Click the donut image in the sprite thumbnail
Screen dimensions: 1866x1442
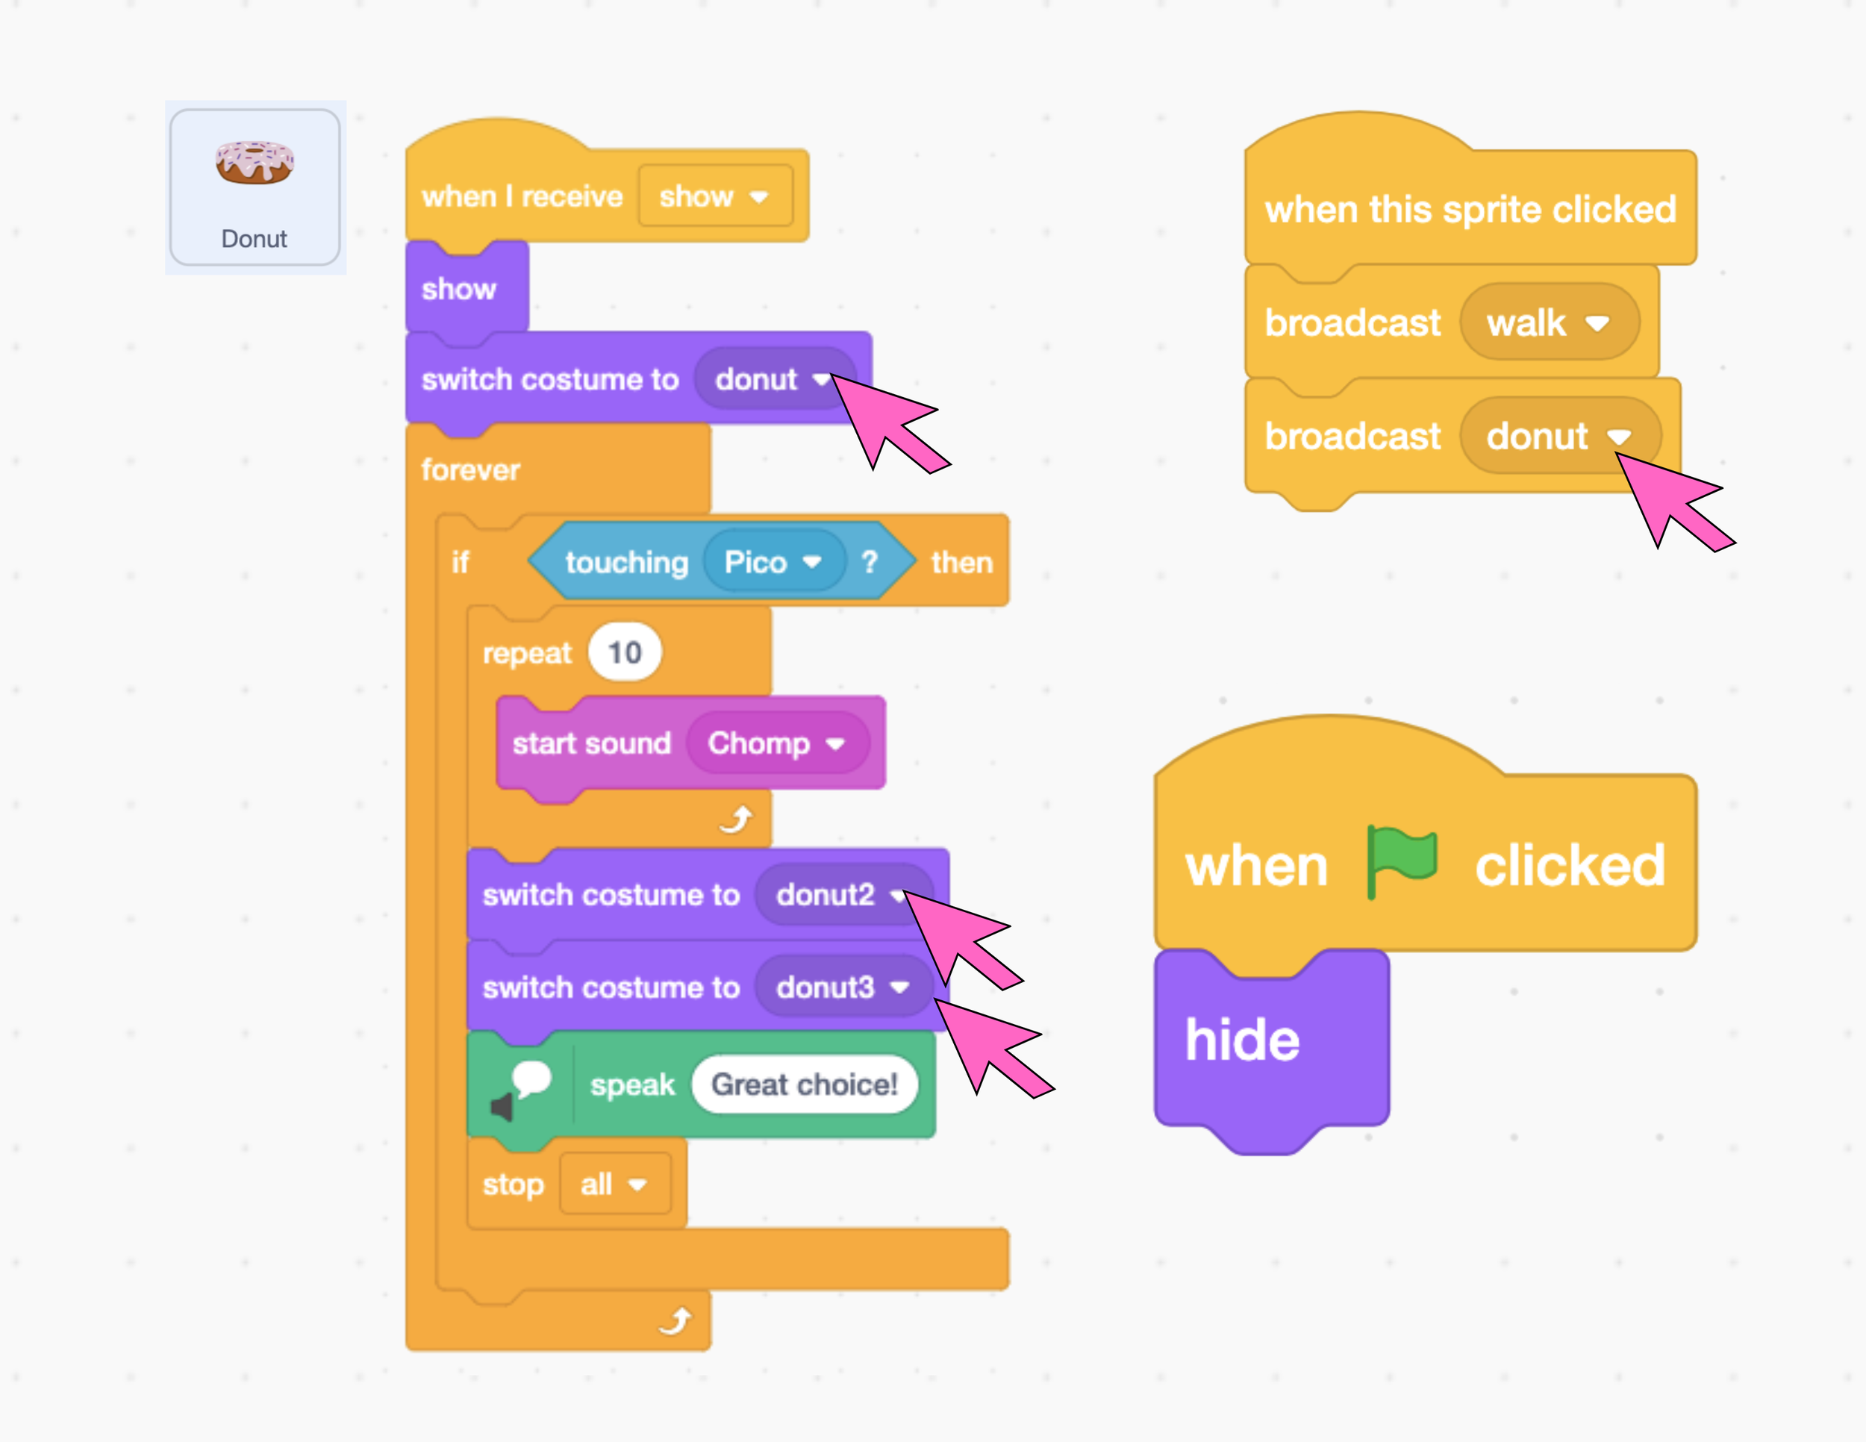pyautogui.click(x=255, y=162)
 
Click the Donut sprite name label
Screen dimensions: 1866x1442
pyautogui.click(x=254, y=238)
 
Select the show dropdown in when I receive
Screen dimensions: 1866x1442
pyautogui.click(x=714, y=196)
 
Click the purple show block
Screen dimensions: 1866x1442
pyautogui.click(x=459, y=289)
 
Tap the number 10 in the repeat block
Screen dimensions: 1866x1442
pyautogui.click(x=625, y=652)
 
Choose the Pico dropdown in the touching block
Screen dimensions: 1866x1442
pyautogui.click(x=773, y=562)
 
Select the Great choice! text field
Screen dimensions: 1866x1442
pyautogui.click(x=804, y=1084)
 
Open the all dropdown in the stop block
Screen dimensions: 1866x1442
pyautogui.click(x=614, y=1184)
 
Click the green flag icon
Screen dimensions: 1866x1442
pyautogui.click(x=1401, y=861)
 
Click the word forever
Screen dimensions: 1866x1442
pyautogui.click(x=470, y=470)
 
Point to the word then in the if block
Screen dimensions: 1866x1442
pyautogui.click(x=962, y=562)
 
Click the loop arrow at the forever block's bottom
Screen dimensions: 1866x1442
pyautogui.click(x=675, y=1320)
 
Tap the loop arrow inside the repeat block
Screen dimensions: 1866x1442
pyautogui.click(x=736, y=818)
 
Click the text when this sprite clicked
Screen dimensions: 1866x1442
pyautogui.click(x=1470, y=209)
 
